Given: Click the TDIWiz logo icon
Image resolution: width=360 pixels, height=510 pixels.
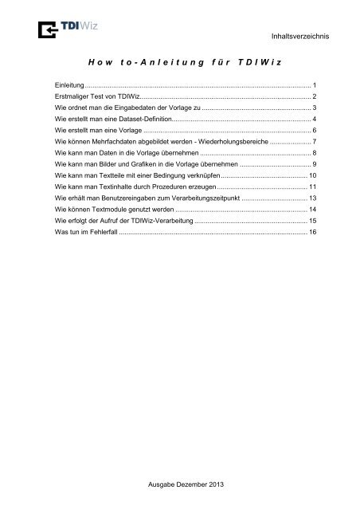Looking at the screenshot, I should pyautogui.click(x=42, y=29).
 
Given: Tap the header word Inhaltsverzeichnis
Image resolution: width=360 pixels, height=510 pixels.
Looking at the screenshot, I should pyautogui.click(x=307, y=37).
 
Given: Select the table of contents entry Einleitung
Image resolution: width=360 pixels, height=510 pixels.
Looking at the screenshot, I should pyautogui.click(x=64, y=84).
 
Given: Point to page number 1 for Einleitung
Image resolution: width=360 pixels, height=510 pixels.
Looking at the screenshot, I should pyautogui.click(x=315, y=84).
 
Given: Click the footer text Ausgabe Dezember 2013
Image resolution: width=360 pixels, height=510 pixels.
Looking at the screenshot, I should pyautogui.click(x=180, y=486).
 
